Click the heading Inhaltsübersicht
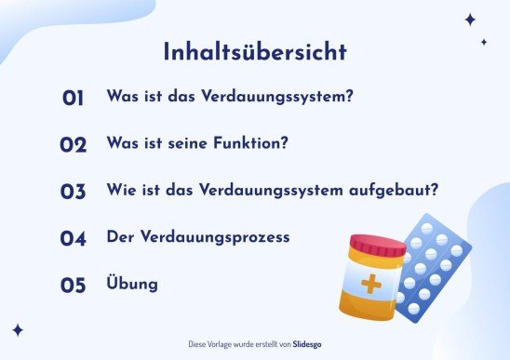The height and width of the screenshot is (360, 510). [x=254, y=51]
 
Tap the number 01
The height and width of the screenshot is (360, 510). [x=74, y=98]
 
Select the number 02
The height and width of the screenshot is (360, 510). [x=74, y=145]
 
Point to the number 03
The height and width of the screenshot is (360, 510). [x=74, y=193]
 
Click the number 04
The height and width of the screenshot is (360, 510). [x=74, y=239]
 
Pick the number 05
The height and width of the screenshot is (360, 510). [x=74, y=286]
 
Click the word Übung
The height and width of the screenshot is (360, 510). [x=132, y=283]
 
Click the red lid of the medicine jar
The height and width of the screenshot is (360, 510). [x=377, y=247]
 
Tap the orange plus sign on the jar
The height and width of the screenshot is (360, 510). [x=371, y=284]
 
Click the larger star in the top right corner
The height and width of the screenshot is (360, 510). [x=470, y=19]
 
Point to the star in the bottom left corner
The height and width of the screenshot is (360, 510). [x=18, y=329]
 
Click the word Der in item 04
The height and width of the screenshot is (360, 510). [x=121, y=237]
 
